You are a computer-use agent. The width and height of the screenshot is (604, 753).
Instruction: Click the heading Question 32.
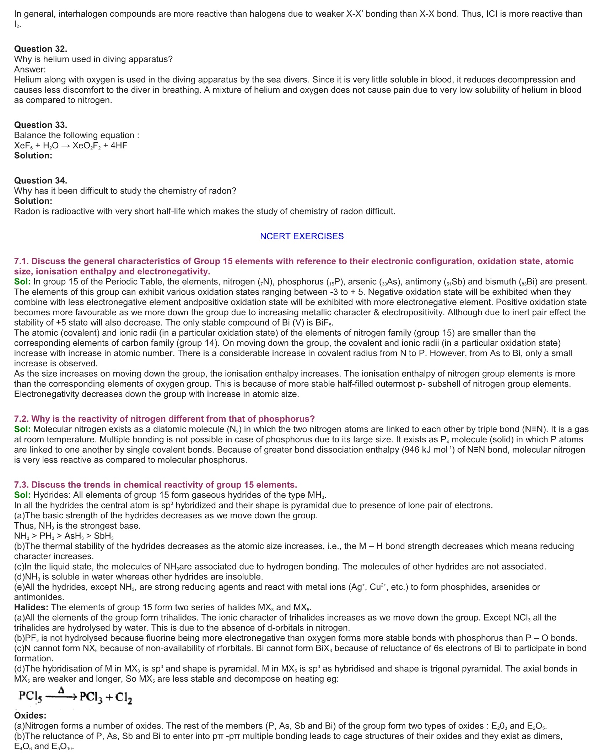[41, 49]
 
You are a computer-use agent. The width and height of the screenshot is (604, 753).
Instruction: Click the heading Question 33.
[41, 125]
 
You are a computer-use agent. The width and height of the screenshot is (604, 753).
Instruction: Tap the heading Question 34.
[41, 181]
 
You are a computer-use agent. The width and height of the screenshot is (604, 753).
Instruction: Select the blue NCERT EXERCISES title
[302, 236]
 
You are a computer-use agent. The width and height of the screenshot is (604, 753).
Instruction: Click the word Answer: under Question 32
[30, 70]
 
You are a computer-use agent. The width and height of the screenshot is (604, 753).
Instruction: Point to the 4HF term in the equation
[119, 146]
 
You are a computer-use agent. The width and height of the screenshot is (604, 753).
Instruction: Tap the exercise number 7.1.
[21, 261]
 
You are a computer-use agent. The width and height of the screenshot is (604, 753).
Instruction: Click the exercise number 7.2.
[21, 419]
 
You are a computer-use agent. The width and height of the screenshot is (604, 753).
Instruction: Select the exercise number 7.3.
[21, 485]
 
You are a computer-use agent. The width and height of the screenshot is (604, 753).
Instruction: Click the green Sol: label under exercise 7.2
[22, 429]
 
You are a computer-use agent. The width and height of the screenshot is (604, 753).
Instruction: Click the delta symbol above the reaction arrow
[61, 690]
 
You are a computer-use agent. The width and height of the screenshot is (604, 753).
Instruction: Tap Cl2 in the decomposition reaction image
[124, 698]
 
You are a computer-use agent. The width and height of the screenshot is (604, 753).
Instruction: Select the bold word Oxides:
[30, 716]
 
